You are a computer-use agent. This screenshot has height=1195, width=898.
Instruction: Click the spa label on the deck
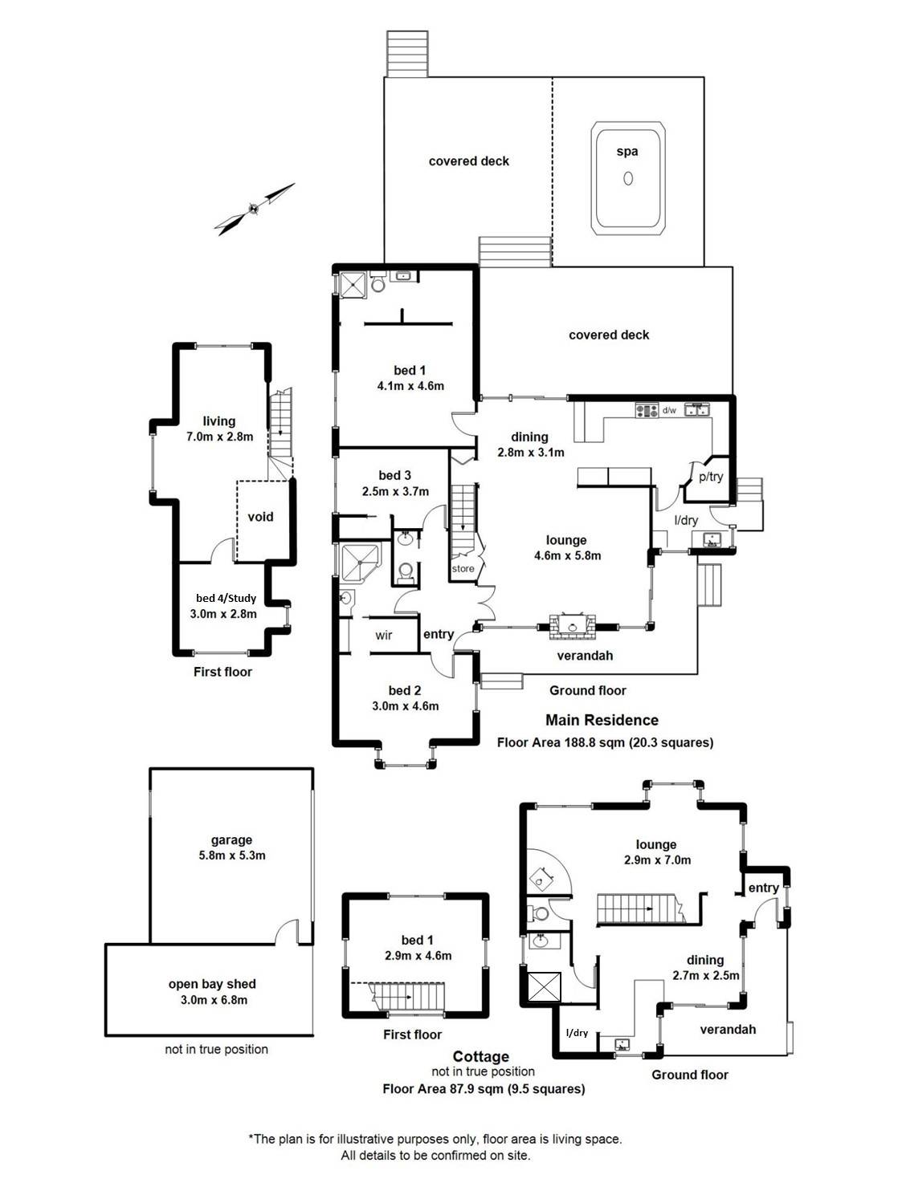point(627,152)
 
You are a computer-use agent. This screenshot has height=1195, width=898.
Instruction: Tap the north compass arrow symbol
point(254,209)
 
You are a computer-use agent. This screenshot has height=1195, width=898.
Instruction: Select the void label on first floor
point(260,517)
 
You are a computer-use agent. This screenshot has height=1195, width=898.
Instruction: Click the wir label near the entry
point(384,636)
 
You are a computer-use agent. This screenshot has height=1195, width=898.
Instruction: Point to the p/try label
point(710,477)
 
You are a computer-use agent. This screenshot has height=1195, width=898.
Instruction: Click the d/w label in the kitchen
point(669,411)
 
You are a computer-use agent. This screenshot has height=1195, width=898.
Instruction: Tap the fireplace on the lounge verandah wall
point(573,626)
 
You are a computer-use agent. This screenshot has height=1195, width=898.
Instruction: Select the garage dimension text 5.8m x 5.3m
point(232,856)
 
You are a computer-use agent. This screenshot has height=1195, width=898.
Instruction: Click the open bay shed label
point(212,984)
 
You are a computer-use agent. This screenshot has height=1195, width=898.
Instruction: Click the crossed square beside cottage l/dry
point(544,987)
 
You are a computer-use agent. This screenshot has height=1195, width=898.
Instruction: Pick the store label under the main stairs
point(463,569)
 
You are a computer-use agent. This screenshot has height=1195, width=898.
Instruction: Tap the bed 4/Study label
point(226,598)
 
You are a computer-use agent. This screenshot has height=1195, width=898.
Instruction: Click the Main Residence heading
point(602,721)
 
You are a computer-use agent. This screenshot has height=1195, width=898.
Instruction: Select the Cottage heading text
point(480,1057)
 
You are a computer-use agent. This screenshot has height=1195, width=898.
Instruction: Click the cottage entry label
point(763,888)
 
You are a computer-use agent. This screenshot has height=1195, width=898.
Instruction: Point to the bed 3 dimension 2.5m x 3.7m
point(394,491)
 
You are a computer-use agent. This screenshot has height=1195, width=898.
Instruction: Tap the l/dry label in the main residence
point(686,520)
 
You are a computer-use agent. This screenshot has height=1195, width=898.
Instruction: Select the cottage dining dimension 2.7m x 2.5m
point(705,976)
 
